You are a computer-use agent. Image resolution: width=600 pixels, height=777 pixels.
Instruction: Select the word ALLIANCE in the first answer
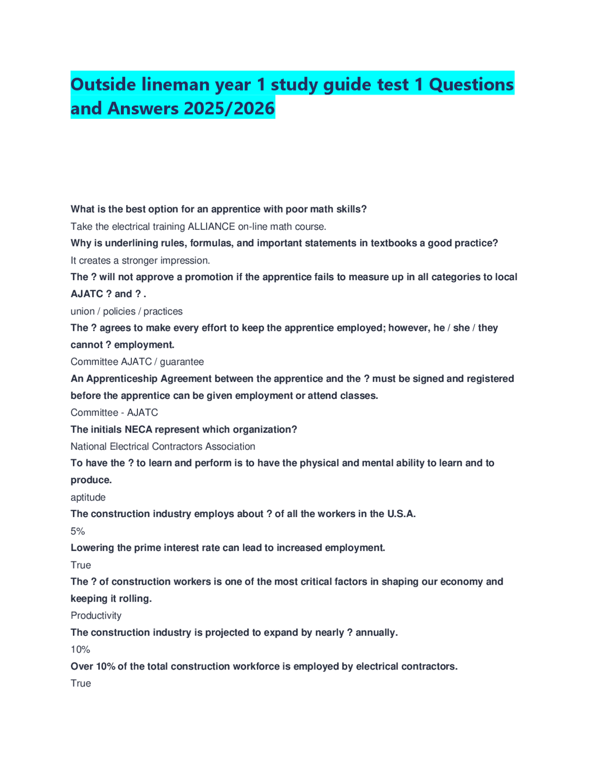[211, 227]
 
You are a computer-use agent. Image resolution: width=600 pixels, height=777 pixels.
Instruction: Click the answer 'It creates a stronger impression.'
[140, 260]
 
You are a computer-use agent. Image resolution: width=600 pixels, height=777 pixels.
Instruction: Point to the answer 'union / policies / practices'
[127, 311]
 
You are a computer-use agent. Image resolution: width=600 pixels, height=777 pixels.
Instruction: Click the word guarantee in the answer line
[182, 362]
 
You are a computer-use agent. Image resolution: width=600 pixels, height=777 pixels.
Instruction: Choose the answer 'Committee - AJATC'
[114, 412]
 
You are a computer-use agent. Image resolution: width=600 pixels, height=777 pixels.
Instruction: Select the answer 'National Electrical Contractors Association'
[163, 446]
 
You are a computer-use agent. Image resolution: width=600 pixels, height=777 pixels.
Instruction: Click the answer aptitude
[88, 497]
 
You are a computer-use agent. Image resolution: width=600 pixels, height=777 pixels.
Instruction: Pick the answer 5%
[78, 531]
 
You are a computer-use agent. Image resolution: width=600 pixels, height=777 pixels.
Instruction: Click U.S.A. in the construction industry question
[401, 514]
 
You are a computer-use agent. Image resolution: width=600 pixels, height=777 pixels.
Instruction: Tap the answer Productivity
[96, 616]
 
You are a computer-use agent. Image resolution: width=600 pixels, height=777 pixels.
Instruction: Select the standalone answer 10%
[80, 649]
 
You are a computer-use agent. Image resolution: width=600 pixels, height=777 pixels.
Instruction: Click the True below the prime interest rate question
[81, 565]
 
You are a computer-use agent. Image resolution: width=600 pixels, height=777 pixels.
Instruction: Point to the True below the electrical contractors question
[81, 683]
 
